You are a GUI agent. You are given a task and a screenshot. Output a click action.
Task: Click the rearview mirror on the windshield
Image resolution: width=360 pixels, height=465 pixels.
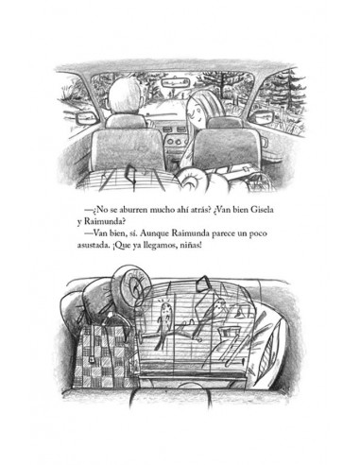[175, 83]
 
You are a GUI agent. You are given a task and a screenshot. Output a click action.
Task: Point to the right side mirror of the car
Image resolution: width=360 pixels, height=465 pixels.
[264, 117]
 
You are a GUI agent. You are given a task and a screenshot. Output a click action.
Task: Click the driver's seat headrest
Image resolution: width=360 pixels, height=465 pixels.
[126, 121]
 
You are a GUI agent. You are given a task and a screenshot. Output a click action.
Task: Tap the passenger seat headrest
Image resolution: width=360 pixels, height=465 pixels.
[224, 123]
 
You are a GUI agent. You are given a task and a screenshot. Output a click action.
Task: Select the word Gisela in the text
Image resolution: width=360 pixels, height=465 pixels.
[262, 210]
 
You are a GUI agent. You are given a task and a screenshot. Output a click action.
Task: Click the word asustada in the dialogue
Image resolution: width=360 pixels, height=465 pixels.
[93, 246]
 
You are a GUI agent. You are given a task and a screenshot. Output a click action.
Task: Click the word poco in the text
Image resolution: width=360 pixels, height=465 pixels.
[258, 233]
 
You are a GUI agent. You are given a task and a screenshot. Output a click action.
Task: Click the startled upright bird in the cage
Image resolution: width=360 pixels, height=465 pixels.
[163, 324]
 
